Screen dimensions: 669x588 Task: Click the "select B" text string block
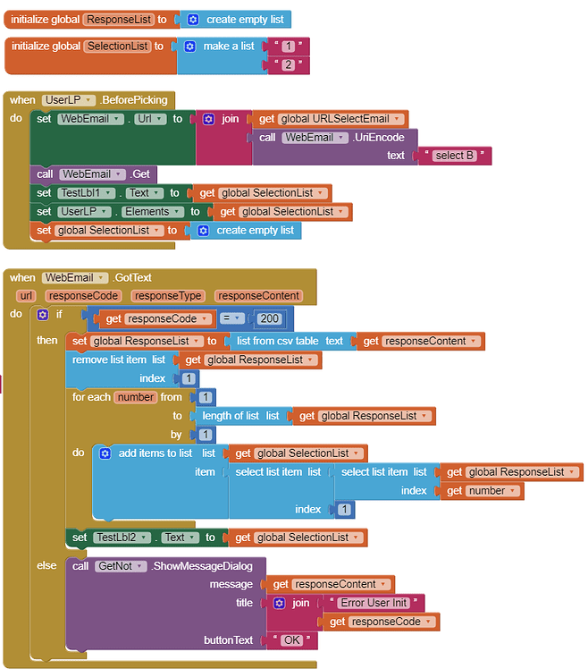pyautogui.click(x=455, y=156)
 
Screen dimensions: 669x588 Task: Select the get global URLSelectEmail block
pyautogui.click(x=332, y=118)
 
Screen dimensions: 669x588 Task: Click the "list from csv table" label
pyautogui.click(x=276, y=341)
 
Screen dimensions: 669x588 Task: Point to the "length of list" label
pyautogui.click(x=231, y=416)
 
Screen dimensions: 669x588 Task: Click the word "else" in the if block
pyautogui.click(x=46, y=565)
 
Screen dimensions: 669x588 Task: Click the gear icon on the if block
pyautogui.click(x=43, y=315)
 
